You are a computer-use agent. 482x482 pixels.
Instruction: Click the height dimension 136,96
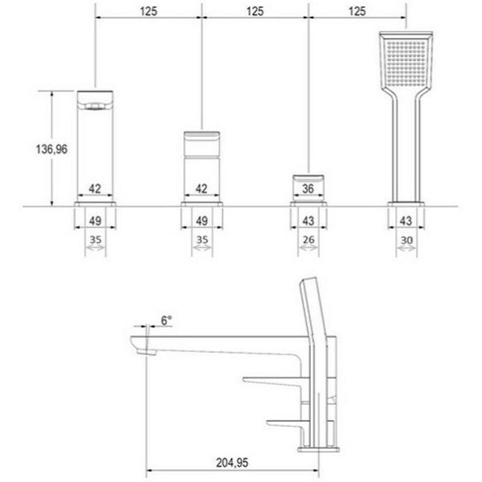pos(52,149)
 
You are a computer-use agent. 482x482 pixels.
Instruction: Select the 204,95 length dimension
pos(232,463)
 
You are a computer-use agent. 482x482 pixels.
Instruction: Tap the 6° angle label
pos(166,321)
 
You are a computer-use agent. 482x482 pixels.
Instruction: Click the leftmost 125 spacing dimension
pos(148,11)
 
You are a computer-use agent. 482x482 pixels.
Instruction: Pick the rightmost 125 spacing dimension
pos(357,11)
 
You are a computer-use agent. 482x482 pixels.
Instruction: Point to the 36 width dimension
pos(308,189)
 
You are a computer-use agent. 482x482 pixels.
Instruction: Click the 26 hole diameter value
pos(308,239)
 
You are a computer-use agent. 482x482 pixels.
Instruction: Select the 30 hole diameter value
pos(406,240)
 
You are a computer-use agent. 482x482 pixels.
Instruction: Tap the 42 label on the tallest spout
pos(95,189)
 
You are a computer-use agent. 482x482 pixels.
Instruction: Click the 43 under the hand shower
pos(405,221)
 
